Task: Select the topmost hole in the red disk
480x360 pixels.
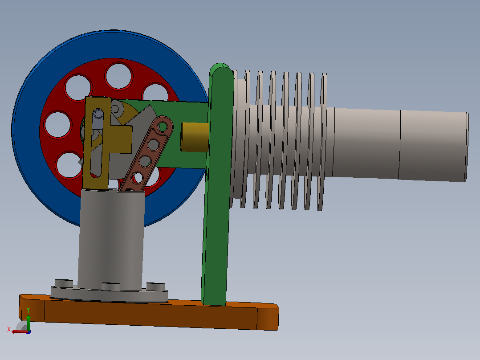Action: click(x=119, y=76)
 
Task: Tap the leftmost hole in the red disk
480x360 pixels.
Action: click(x=57, y=125)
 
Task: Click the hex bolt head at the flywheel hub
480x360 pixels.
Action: click(x=115, y=109)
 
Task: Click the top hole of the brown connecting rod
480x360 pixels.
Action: click(x=163, y=126)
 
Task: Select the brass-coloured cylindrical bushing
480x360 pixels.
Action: click(x=195, y=137)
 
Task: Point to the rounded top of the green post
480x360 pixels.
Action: click(x=220, y=69)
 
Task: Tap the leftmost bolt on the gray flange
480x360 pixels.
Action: click(x=64, y=283)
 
